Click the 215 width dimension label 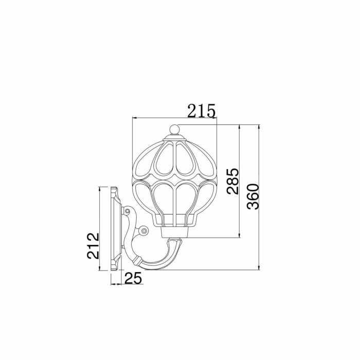point(202,111)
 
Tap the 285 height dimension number point(232,182)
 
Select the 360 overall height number point(253,196)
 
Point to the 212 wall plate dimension point(93,246)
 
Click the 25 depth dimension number point(133,279)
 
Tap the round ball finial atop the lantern point(174,129)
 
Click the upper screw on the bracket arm point(127,211)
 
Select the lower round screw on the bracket point(144,231)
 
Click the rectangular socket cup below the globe point(175,232)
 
